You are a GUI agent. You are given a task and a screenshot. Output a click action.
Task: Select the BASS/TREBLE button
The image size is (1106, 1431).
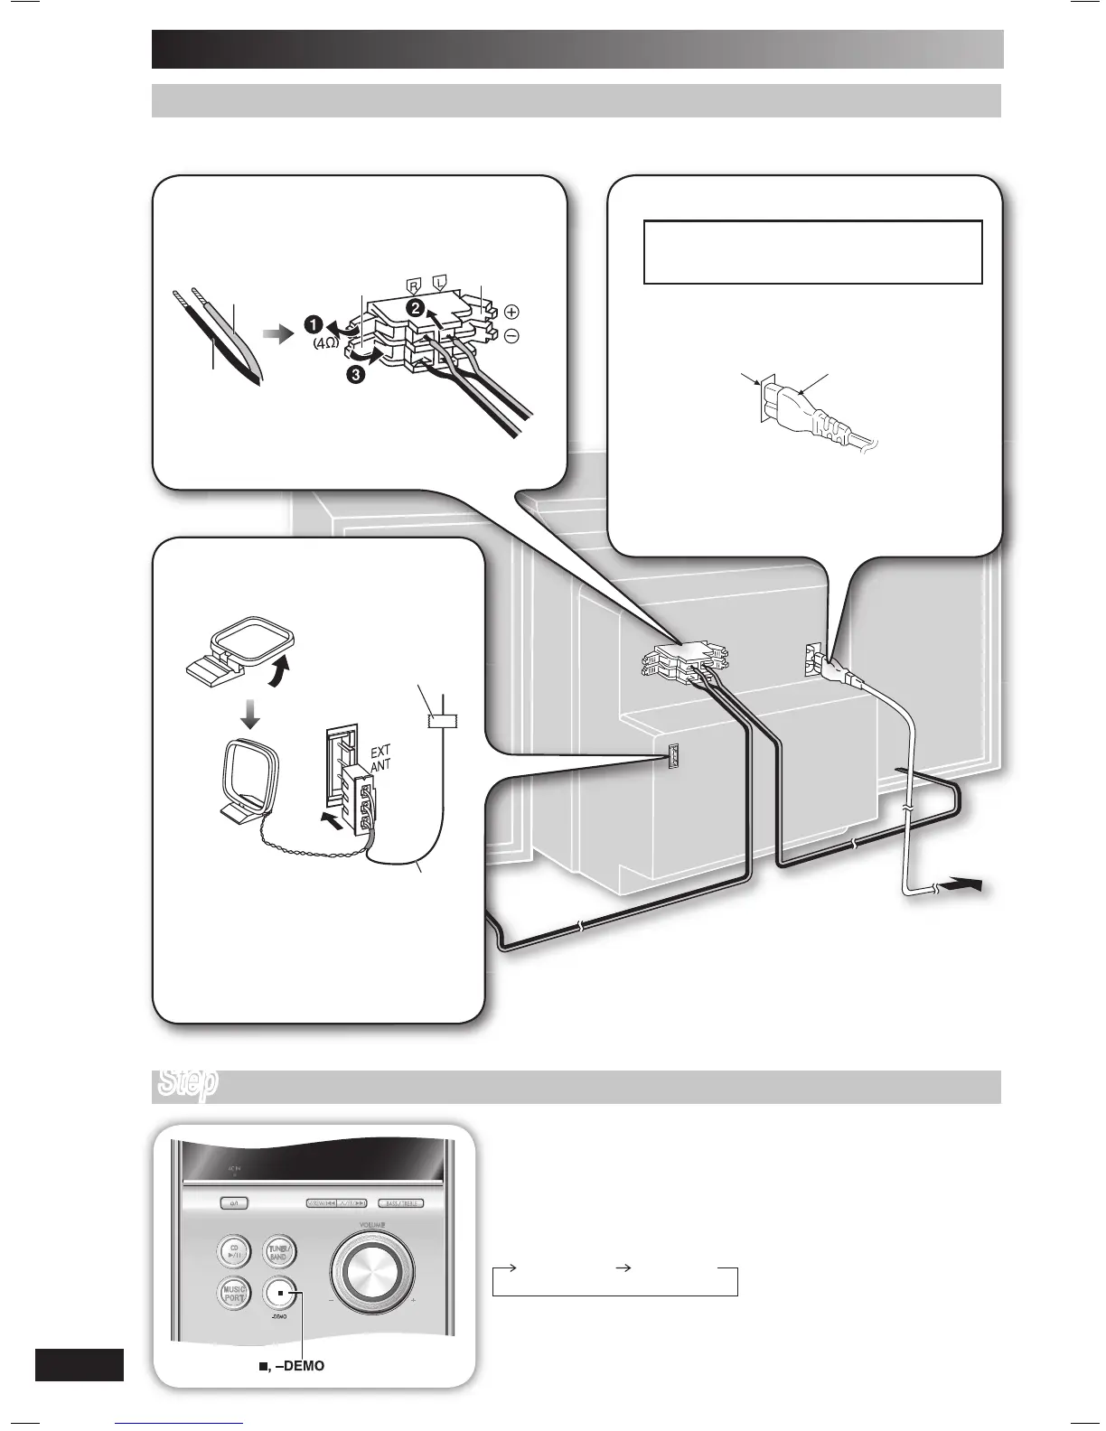[400, 1203]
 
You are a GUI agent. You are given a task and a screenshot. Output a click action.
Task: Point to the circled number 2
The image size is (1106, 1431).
[416, 307]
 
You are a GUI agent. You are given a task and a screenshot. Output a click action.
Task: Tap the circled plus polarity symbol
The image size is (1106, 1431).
[511, 313]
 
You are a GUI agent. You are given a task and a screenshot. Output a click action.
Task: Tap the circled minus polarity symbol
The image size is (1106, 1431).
[511, 336]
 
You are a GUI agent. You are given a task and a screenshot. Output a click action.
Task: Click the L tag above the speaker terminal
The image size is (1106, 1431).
[441, 281]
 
